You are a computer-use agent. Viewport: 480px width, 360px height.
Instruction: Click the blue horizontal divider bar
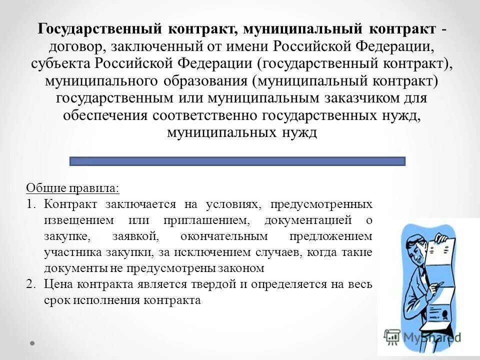(x=237, y=161)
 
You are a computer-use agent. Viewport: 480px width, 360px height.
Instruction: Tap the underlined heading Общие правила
(x=72, y=189)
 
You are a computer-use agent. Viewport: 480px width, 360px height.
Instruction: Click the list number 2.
(x=31, y=284)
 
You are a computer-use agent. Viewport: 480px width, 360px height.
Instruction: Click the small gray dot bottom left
(x=32, y=343)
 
